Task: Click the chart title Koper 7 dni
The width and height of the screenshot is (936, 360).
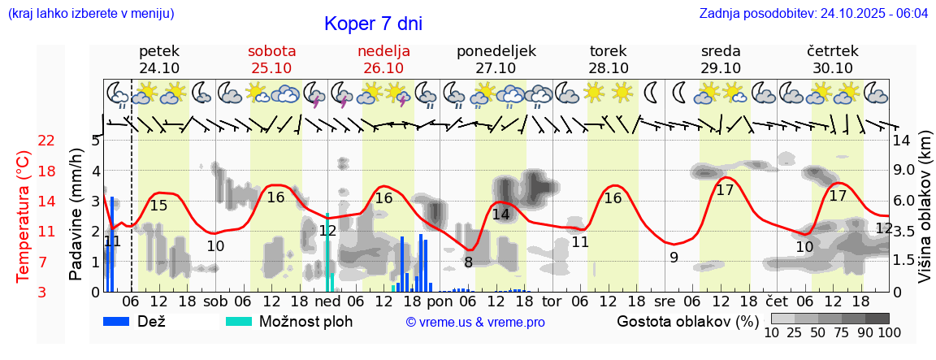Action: (x=373, y=24)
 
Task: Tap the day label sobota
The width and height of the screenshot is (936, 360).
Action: (x=271, y=51)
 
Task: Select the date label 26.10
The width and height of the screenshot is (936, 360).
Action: (x=383, y=68)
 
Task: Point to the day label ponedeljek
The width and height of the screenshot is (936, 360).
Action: (x=496, y=51)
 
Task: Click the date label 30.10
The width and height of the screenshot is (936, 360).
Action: (x=833, y=68)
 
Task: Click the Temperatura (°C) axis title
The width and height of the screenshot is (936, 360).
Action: (x=24, y=216)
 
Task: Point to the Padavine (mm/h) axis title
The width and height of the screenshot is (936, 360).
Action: (x=76, y=215)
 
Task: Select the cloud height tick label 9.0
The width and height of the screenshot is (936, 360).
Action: (x=904, y=171)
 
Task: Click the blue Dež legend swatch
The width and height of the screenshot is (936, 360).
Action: (x=122, y=321)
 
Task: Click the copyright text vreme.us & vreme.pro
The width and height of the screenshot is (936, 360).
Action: (x=475, y=322)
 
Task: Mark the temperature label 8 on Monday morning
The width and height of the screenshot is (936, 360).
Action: (x=468, y=262)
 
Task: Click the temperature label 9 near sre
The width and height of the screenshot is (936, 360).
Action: (x=674, y=258)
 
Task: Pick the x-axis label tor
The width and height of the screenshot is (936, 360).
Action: (x=551, y=301)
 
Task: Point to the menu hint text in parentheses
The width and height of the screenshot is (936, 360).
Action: (x=90, y=14)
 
